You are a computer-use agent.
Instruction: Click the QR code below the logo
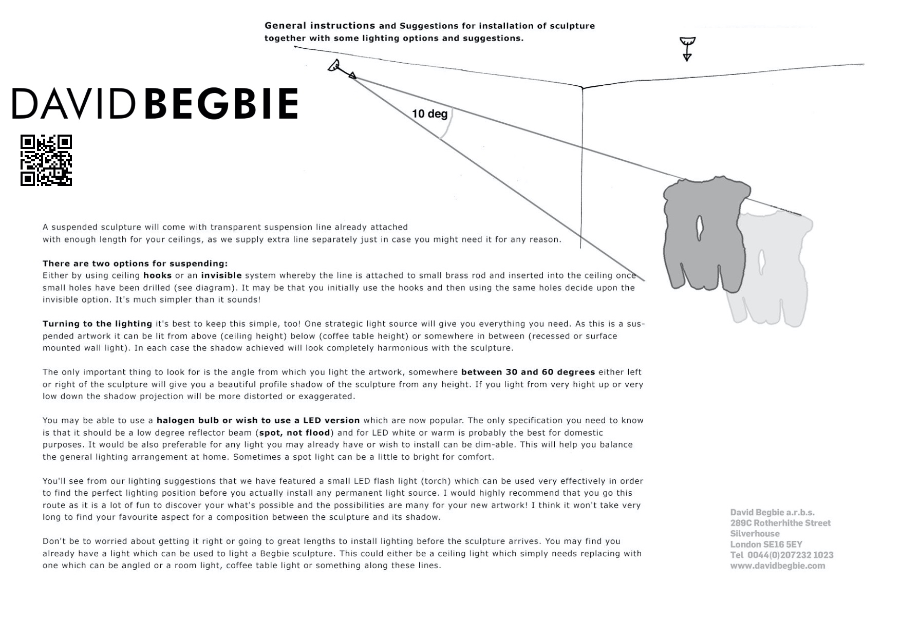[x=46, y=160]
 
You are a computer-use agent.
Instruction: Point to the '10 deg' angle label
[x=429, y=114]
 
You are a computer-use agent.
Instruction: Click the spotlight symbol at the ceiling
[x=335, y=66]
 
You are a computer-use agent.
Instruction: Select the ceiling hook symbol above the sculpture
[x=687, y=48]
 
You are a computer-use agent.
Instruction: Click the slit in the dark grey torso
[x=700, y=228]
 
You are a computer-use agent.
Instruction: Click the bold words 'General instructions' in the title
[x=320, y=26]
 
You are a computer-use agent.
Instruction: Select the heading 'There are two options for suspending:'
[x=135, y=264]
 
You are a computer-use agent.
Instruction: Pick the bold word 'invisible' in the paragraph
[x=221, y=276]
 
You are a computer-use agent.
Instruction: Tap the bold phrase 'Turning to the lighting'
[x=97, y=324]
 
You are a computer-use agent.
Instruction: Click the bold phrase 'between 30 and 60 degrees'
[x=528, y=372]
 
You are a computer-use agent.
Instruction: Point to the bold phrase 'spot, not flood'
[x=294, y=433]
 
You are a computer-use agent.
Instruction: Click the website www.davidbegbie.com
[x=778, y=566]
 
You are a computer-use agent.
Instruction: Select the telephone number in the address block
[x=782, y=555]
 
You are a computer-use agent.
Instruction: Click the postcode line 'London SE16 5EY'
[x=766, y=544]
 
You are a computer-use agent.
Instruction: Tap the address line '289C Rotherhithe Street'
[x=780, y=523]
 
